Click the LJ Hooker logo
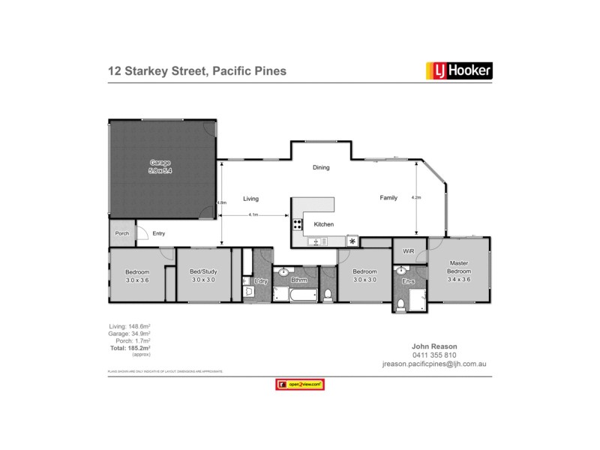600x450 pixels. (459, 71)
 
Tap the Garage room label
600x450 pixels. (160, 162)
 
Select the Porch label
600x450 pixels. (121, 233)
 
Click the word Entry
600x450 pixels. (159, 233)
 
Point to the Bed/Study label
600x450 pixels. (202, 271)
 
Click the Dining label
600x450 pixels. (321, 167)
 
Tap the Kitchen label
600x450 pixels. (324, 225)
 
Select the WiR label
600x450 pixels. (409, 250)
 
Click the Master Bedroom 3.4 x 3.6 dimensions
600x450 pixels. (459, 279)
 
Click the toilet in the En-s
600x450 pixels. (401, 304)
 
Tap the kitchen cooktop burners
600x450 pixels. (297, 223)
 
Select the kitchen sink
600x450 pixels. (316, 241)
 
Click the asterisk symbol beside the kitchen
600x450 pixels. (352, 241)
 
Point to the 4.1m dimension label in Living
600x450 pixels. (253, 214)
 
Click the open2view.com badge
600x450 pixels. (299, 385)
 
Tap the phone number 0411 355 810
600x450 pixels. (434, 355)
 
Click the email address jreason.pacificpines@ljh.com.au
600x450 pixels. (434, 364)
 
